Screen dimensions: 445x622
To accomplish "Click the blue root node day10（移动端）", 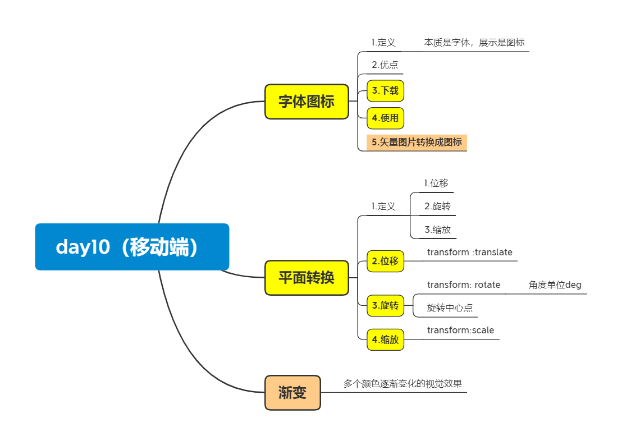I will point(132,247).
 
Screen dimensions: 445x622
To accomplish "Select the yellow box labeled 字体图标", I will point(307,102).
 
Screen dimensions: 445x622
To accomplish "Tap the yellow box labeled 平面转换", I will point(307,277).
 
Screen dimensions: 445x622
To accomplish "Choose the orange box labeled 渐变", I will point(292,393).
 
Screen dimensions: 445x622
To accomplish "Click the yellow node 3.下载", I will point(385,90).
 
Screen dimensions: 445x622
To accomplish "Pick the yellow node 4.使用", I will point(385,118).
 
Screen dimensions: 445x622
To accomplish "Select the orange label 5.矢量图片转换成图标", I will point(417,142).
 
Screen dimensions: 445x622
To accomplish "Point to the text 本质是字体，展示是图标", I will point(474,43).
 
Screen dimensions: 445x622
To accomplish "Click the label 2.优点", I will point(385,65).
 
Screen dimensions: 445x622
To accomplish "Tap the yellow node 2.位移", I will point(385,261).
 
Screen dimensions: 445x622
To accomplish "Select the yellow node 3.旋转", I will point(385,305).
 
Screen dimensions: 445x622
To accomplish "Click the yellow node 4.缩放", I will point(385,340).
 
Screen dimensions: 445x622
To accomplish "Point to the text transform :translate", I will point(470,253).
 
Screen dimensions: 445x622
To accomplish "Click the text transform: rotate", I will point(464,285).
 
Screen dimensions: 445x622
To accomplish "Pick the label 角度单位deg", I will point(555,285).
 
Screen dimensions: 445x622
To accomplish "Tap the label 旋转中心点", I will point(450,308).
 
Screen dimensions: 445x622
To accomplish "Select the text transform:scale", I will point(461,330).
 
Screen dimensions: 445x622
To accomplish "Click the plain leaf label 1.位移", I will point(436,183).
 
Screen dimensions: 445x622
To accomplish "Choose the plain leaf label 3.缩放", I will point(437,229).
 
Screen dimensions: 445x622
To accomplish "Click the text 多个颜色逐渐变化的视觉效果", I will point(403,384).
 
